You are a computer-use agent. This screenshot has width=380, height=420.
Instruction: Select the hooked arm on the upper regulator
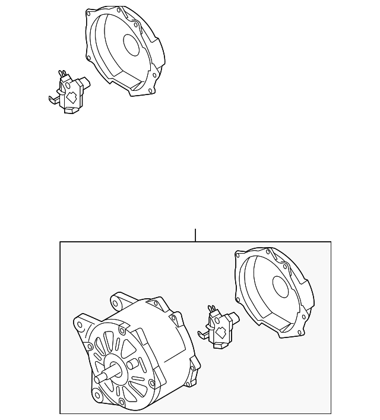point(53,97)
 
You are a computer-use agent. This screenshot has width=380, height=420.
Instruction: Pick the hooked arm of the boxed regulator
point(203,334)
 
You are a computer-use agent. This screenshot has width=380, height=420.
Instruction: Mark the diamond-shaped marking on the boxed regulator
point(221,331)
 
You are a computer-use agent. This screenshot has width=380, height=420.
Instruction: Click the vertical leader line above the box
point(195,235)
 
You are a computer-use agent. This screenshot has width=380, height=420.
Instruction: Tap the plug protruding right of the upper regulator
point(87,82)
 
